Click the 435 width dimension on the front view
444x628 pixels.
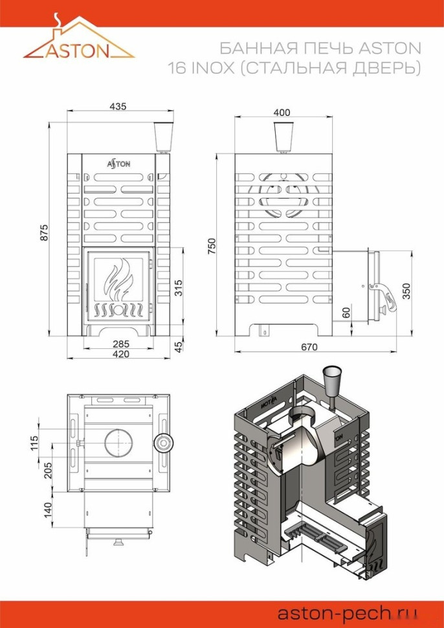click(x=117, y=106)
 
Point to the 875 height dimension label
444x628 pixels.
click(x=44, y=233)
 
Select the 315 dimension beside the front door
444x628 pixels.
click(x=179, y=286)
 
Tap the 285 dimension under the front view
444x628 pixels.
click(x=117, y=344)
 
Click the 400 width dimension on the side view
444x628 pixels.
click(x=282, y=112)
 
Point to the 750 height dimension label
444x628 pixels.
click(x=212, y=246)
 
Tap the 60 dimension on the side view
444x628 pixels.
click(x=346, y=312)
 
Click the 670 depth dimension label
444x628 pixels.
click(x=309, y=347)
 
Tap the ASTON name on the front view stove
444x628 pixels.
click(x=118, y=164)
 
